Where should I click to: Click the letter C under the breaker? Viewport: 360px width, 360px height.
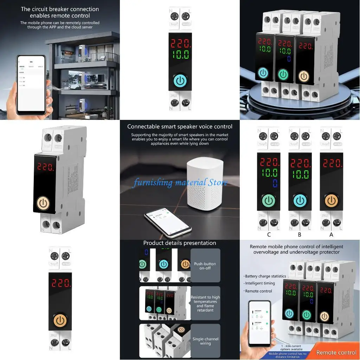[x=269, y=235]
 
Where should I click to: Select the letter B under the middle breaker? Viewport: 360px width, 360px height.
[x=300, y=235]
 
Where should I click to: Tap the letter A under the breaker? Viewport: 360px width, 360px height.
[x=331, y=235]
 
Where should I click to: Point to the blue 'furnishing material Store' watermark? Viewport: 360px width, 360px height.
[x=180, y=182]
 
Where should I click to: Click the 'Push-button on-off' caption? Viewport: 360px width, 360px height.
[x=205, y=266]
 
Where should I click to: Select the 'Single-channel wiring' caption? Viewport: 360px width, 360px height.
[x=205, y=341]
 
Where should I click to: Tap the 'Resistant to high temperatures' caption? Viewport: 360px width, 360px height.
[x=205, y=303]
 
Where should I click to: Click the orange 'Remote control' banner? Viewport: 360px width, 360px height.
[x=336, y=353]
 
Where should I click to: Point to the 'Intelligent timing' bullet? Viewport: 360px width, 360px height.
[x=260, y=283]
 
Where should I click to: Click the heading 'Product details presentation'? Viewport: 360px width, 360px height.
[x=180, y=243]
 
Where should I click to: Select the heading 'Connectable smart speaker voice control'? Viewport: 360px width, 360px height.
[x=180, y=127]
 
